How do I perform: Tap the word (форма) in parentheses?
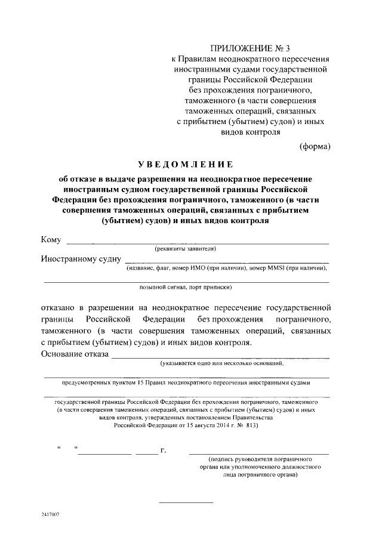[315, 145]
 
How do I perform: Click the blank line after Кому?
[197, 243]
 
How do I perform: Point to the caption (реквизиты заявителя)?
[185, 249]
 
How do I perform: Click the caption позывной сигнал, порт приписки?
[186, 287]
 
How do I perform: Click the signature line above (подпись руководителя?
[258, 454]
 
